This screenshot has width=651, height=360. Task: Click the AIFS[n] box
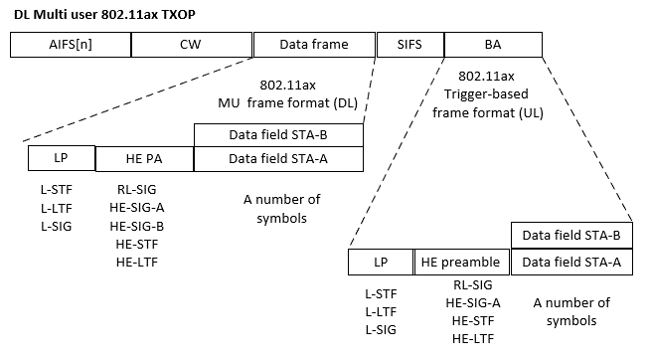point(70,45)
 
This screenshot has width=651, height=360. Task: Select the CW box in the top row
point(190,45)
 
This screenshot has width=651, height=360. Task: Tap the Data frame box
point(313,45)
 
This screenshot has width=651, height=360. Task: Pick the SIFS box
point(409,45)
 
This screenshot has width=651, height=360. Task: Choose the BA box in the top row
point(493,45)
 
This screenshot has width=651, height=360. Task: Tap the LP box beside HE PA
point(62,158)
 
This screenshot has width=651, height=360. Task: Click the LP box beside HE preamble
point(380,262)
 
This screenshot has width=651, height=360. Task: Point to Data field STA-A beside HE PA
point(278,158)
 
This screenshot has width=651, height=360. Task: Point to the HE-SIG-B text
point(136,226)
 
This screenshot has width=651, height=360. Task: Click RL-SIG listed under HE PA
point(136,188)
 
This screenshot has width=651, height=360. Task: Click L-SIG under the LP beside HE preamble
point(380,329)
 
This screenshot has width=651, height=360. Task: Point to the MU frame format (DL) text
point(287,103)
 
